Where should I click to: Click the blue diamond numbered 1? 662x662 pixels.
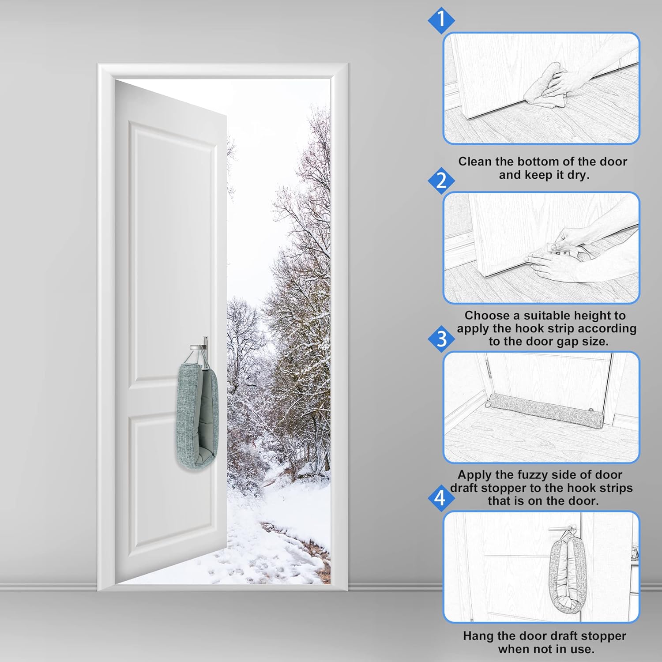(x=441, y=20)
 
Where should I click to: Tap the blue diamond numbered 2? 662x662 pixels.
(x=441, y=181)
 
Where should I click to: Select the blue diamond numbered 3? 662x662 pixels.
(x=441, y=339)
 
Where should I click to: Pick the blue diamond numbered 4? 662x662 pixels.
(x=440, y=498)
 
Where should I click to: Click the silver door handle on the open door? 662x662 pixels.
(x=200, y=347)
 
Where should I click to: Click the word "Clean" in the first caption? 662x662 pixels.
(x=475, y=162)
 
